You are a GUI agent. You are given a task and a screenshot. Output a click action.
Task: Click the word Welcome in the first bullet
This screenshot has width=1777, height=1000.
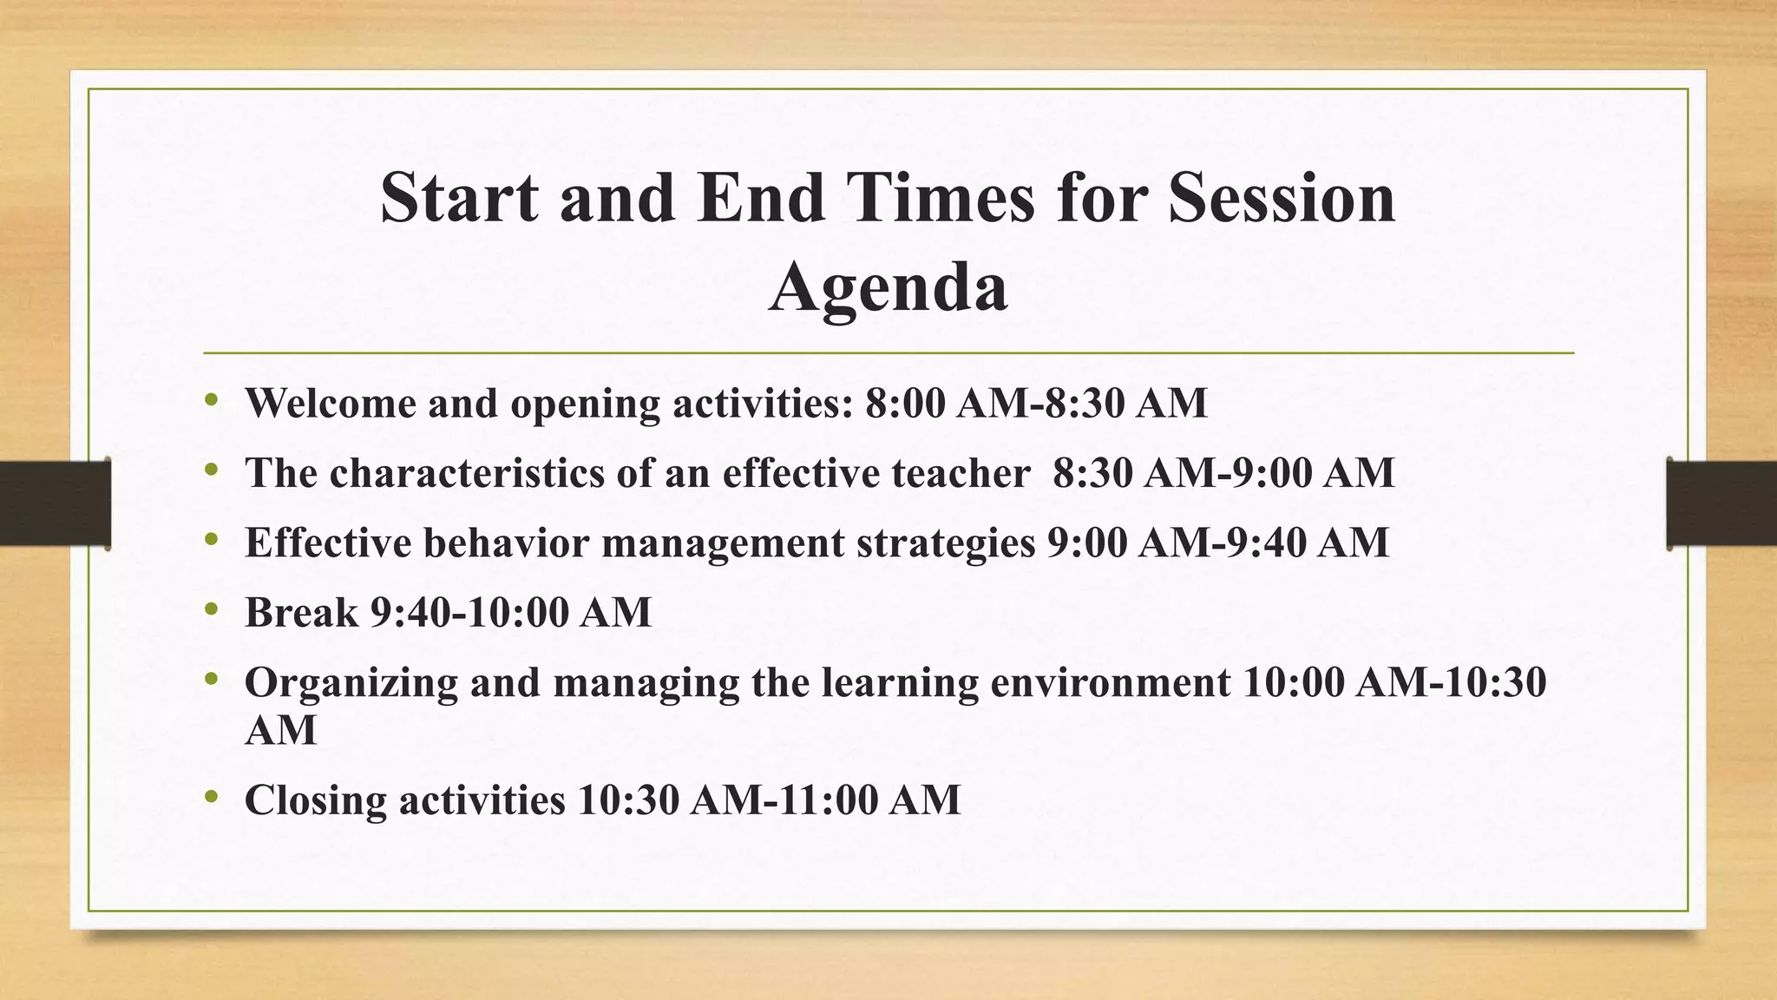[x=331, y=403]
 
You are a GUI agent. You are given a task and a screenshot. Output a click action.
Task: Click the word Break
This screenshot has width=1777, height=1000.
[x=301, y=613]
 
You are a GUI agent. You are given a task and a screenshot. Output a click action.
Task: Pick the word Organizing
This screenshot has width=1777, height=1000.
[x=351, y=682]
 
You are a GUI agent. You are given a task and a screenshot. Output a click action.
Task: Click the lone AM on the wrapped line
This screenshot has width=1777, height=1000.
[x=280, y=730]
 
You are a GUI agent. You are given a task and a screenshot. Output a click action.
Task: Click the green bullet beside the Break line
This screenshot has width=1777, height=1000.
[x=212, y=610]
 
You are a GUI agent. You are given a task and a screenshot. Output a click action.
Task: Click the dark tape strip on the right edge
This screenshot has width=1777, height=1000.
[x=1721, y=503]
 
